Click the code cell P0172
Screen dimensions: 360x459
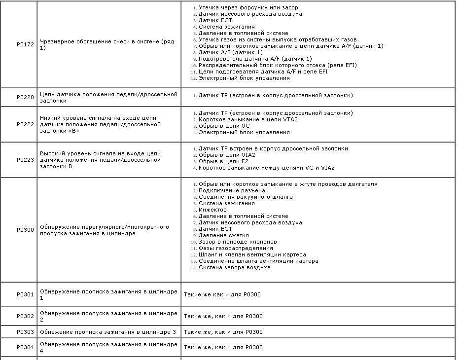coord(25,45)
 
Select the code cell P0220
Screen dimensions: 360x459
coord(25,98)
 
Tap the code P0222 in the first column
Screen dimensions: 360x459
coord(25,125)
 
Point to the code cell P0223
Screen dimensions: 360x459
coord(25,160)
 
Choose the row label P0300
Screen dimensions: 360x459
coord(25,230)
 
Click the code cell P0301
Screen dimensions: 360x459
coord(25,295)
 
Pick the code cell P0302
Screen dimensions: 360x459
coord(25,317)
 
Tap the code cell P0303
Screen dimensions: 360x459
coord(25,332)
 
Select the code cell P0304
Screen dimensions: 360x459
coord(25,348)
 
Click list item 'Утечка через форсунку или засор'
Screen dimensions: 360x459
coord(248,7)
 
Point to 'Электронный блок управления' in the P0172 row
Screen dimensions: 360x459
coord(244,78)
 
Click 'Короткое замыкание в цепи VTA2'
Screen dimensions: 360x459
coord(248,119)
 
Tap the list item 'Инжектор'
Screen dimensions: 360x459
coord(212,210)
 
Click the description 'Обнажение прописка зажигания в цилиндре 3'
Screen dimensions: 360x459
coord(108,332)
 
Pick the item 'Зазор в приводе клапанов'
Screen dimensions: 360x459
coord(238,242)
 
